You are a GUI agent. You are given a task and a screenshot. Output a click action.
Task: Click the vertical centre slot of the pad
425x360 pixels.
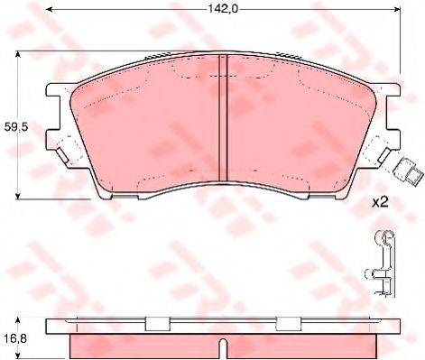pyautogui.click(x=223, y=118)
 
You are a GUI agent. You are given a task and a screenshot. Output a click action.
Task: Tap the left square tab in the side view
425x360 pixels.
pyautogui.click(x=157, y=324)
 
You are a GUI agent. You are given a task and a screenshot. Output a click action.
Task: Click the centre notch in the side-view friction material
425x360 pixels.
pyautogui.click(x=222, y=343)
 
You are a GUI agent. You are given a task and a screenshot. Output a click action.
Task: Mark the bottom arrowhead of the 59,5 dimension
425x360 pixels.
pyautogui.click(x=20, y=196)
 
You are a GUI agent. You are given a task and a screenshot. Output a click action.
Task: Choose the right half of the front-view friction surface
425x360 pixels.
pyautogui.click(x=298, y=126)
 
